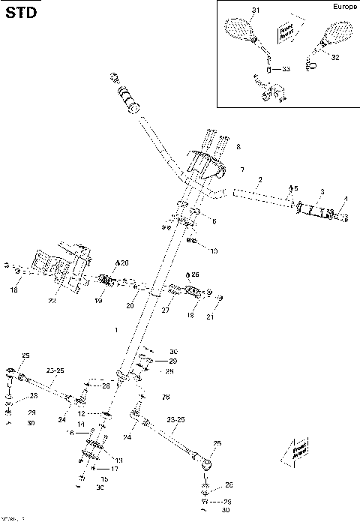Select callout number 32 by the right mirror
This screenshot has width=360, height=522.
tap(334, 57)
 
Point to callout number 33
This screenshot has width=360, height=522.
tap(285, 69)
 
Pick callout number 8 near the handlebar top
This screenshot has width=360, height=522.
tap(238, 146)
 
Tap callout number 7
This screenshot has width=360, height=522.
tap(241, 170)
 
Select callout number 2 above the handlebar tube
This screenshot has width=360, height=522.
tap(259, 180)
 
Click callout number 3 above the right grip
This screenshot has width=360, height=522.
tap(321, 192)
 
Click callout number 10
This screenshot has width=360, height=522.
tap(214, 250)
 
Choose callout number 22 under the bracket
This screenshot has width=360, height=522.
tap(52, 301)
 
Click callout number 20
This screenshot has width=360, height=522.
tap(129, 306)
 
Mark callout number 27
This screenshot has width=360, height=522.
tap(166, 308)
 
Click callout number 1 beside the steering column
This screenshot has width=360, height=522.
tap(115, 331)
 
